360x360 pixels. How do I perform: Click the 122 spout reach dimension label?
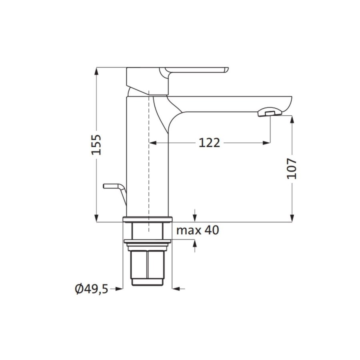pos(209,142)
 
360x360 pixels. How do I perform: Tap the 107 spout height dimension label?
pos(292,168)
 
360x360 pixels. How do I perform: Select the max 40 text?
pos(198,230)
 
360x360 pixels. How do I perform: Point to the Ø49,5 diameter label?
pos(91,288)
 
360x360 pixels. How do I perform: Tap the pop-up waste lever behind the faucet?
pos(114,187)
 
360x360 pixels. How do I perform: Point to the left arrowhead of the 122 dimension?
pos(152,142)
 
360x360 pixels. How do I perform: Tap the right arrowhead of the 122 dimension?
pos(266,142)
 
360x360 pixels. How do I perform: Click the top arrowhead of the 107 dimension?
pos(292,119)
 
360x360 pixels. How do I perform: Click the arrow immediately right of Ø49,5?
pos(118,288)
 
